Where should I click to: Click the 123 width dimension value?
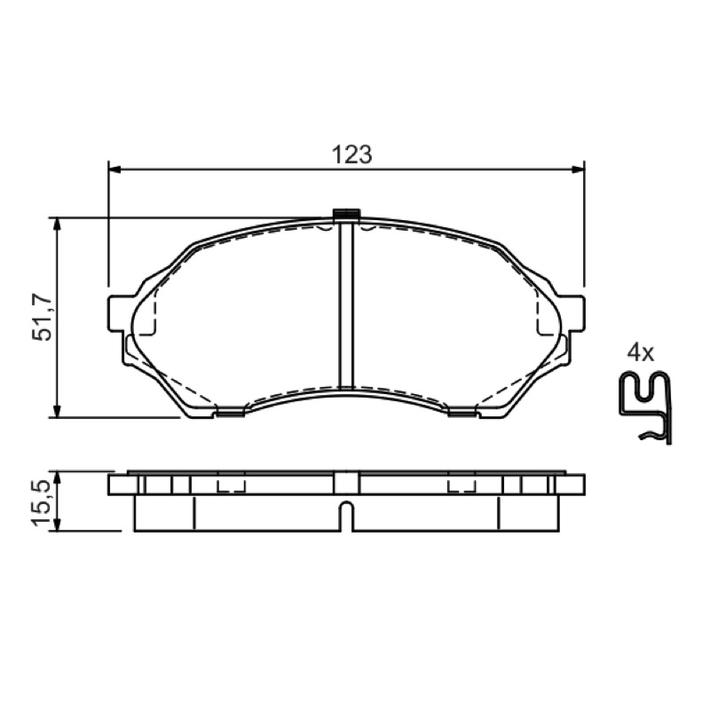[x=351, y=154]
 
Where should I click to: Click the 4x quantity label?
[x=640, y=352]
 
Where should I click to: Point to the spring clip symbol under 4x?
[x=646, y=407]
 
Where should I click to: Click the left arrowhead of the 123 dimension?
[x=115, y=170]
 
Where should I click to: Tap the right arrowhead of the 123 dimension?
[x=578, y=170]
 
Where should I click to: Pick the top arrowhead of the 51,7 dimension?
[x=57, y=225]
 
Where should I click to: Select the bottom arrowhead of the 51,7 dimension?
[x=57, y=410]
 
